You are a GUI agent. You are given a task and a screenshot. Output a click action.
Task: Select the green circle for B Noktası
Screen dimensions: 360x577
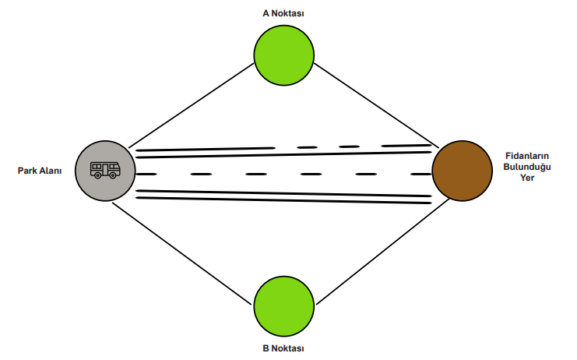pos(284,303)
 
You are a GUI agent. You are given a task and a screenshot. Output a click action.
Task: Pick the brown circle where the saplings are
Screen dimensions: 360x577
pos(462,171)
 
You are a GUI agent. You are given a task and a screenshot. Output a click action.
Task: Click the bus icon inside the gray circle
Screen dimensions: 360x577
pos(105,170)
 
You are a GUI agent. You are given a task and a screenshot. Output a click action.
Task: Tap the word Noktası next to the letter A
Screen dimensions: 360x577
pos(289,13)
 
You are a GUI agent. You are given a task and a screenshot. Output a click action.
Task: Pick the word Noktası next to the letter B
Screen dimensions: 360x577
pos(289,348)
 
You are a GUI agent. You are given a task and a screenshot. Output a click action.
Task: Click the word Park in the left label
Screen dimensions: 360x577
pos(29,171)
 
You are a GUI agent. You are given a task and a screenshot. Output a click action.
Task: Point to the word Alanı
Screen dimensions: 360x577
pos(51,171)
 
